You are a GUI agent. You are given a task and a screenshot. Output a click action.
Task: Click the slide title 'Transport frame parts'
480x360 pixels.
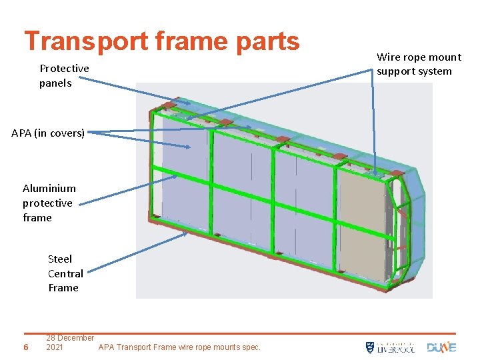pos(162,41)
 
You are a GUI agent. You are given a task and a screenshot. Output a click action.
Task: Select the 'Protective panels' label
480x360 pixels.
pos(64,75)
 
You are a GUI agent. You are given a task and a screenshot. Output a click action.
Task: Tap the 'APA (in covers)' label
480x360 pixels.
pos(48,133)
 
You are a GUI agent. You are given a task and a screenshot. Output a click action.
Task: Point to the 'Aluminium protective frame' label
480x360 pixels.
pos(49,203)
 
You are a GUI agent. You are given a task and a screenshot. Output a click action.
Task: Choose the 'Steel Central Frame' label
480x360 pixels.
pos(65,273)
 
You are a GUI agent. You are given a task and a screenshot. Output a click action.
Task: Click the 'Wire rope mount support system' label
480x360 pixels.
pos(418,64)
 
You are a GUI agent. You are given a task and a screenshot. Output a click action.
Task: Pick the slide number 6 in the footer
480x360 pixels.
pos(25,347)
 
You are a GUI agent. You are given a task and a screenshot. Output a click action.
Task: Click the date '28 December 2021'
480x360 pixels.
pos(69,342)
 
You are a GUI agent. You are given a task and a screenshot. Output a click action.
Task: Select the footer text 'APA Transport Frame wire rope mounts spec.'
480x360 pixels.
pos(179,347)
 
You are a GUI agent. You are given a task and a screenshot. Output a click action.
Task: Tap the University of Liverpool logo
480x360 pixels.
pos(390,347)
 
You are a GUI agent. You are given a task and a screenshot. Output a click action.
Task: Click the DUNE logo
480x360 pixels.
pos(441,347)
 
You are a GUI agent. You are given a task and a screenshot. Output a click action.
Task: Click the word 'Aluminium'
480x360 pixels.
pos(49,189)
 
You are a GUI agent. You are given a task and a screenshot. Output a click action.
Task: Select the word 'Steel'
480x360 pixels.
pos(60,259)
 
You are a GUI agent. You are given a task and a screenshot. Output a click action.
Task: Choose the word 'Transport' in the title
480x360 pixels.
pos(85,41)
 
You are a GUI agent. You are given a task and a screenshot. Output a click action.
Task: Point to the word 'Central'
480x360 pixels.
pos(65,273)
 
